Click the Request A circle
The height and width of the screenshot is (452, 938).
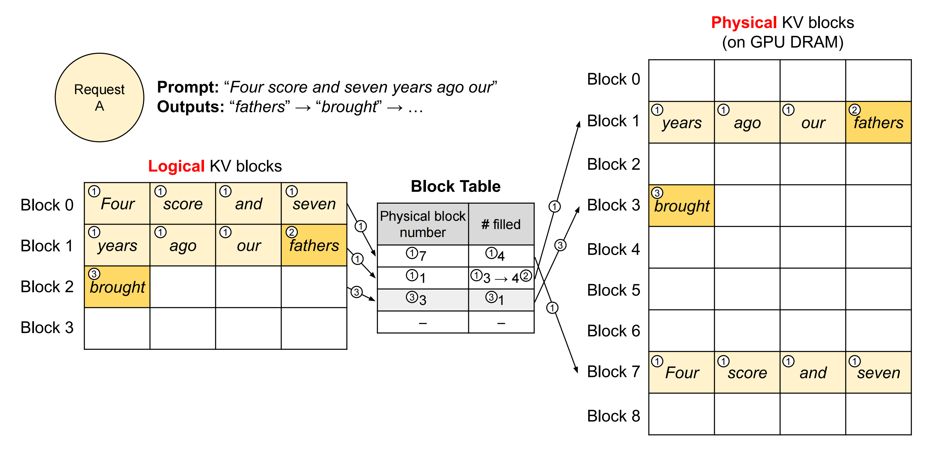click(99, 97)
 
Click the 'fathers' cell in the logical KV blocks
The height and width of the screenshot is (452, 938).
click(314, 245)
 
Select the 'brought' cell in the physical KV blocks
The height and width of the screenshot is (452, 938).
click(682, 206)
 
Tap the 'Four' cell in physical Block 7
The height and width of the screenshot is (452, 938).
click(682, 372)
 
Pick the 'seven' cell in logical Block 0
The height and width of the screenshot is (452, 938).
click(314, 203)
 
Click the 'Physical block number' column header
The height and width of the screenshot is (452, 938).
click(423, 224)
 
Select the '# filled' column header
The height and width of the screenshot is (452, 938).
click(501, 224)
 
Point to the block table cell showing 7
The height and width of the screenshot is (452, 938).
click(423, 256)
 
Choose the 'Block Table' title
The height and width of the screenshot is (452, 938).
click(455, 186)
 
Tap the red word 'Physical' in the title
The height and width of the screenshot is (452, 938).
click(744, 23)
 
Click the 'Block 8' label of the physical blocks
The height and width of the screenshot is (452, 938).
click(614, 416)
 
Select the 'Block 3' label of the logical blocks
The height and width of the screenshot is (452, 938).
click(47, 328)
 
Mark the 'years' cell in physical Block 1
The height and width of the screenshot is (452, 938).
click(682, 122)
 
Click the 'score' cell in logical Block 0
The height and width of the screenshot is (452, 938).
click(183, 203)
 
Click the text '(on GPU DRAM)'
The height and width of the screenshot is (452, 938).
click(783, 42)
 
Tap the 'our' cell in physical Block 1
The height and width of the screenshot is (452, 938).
click(813, 122)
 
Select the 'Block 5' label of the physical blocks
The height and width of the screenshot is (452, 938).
click(614, 290)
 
